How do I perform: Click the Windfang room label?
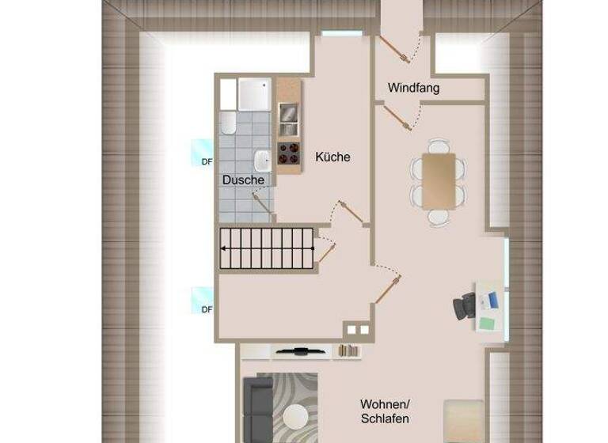coord(413,88)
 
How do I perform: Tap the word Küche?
coord(332,157)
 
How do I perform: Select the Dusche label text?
coord(243,180)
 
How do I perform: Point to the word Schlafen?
coord(385,418)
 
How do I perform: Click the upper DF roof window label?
coord(207,161)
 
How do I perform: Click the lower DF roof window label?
coord(207,309)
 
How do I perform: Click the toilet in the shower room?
coord(228,124)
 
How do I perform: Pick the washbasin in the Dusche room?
coord(264,161)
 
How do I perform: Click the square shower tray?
coord(255,95)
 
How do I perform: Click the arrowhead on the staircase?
coord(223,248)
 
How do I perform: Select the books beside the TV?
coord(348,350)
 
